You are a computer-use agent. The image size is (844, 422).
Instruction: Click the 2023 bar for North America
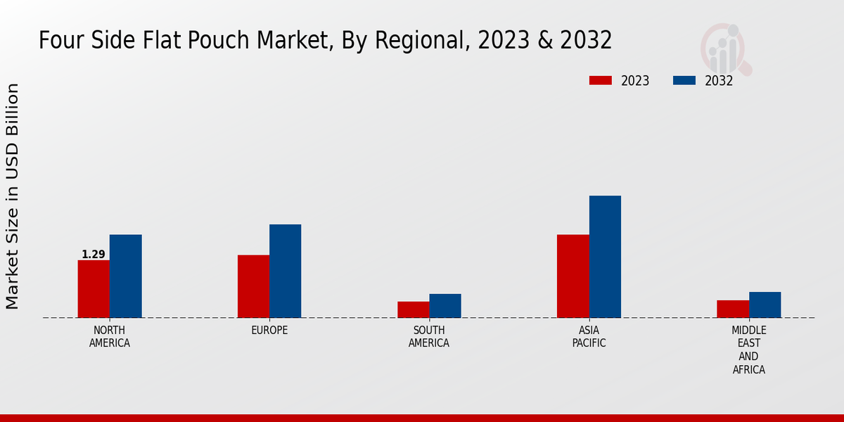94,289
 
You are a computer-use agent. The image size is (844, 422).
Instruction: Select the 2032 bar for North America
125,276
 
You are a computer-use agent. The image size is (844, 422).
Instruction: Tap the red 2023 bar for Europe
253,286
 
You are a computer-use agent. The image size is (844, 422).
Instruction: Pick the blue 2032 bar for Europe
285,271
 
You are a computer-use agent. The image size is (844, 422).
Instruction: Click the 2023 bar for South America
413,309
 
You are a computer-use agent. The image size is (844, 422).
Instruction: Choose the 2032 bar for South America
445,306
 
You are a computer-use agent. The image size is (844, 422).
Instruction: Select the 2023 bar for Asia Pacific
573,276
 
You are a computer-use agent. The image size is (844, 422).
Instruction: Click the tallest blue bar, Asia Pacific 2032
605,257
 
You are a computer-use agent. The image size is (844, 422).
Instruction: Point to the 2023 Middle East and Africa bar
733,309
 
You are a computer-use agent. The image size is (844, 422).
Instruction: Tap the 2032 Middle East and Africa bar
765,305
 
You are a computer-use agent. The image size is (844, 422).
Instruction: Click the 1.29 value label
94,255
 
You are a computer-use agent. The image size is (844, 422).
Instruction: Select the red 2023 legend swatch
601,80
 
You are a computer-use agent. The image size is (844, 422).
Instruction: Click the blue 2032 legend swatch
684,80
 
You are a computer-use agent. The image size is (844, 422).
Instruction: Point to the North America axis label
110,337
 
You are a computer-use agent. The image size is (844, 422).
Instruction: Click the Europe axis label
269,331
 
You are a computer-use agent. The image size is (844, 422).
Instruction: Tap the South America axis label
429,337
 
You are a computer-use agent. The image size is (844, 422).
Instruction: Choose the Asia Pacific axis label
589,337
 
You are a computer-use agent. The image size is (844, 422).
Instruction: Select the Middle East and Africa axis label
749,350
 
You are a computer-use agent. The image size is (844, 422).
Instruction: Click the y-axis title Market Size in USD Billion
13,196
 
